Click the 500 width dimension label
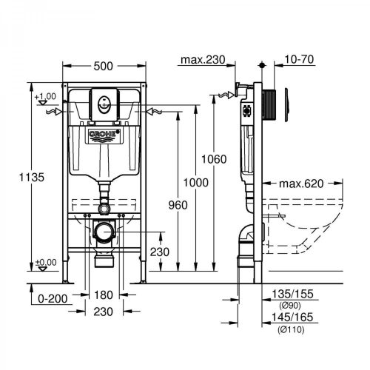103,66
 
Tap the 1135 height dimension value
32,177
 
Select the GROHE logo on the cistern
104,135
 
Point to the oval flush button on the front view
104,104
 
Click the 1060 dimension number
214,159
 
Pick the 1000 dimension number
195,183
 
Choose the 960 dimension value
178,205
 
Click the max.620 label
301,184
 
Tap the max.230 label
203,60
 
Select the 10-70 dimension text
299,59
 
